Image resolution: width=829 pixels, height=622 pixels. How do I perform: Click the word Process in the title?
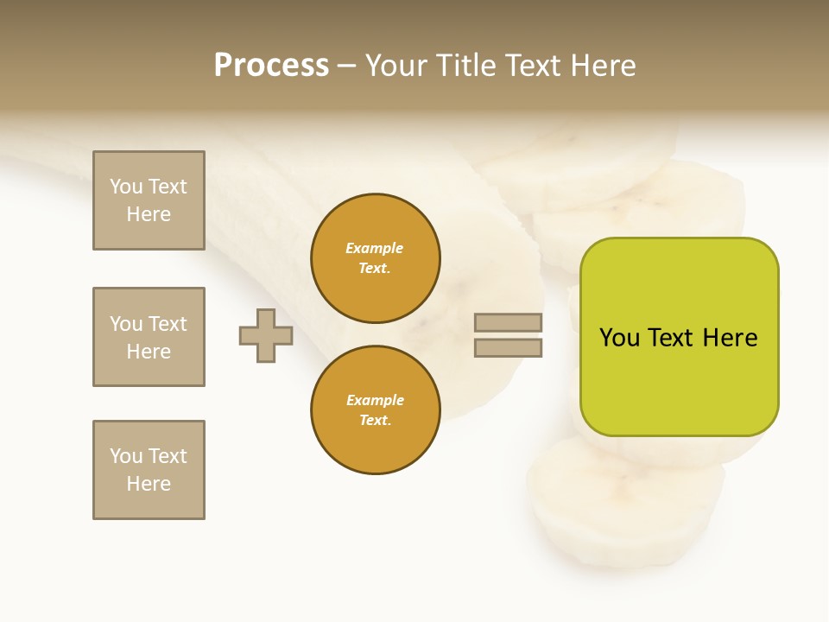[271, 66]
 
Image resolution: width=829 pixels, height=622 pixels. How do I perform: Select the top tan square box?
[149, 200]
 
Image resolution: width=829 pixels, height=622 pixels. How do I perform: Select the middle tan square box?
[149, 337]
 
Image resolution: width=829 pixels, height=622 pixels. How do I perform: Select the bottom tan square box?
[149, 470]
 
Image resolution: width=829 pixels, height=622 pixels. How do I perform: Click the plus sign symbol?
[266, 335]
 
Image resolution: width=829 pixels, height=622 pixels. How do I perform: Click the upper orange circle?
[375, 258]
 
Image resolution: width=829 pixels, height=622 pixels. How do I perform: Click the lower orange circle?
[375, 410]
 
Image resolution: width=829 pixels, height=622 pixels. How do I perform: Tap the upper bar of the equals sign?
[508, 322]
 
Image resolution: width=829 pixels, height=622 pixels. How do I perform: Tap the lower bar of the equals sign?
[508, 347]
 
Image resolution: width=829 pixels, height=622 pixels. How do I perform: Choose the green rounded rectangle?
[679, 380]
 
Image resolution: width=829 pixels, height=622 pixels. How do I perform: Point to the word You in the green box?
[620, 338]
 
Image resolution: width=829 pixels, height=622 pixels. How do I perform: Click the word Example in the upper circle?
[375, 248]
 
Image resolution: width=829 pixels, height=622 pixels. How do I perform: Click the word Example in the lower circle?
[375, 400]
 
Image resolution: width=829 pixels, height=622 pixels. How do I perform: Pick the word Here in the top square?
[149, 214]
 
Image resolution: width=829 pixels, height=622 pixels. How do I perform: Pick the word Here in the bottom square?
[149, 484]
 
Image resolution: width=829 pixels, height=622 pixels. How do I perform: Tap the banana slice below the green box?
[626, 501]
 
